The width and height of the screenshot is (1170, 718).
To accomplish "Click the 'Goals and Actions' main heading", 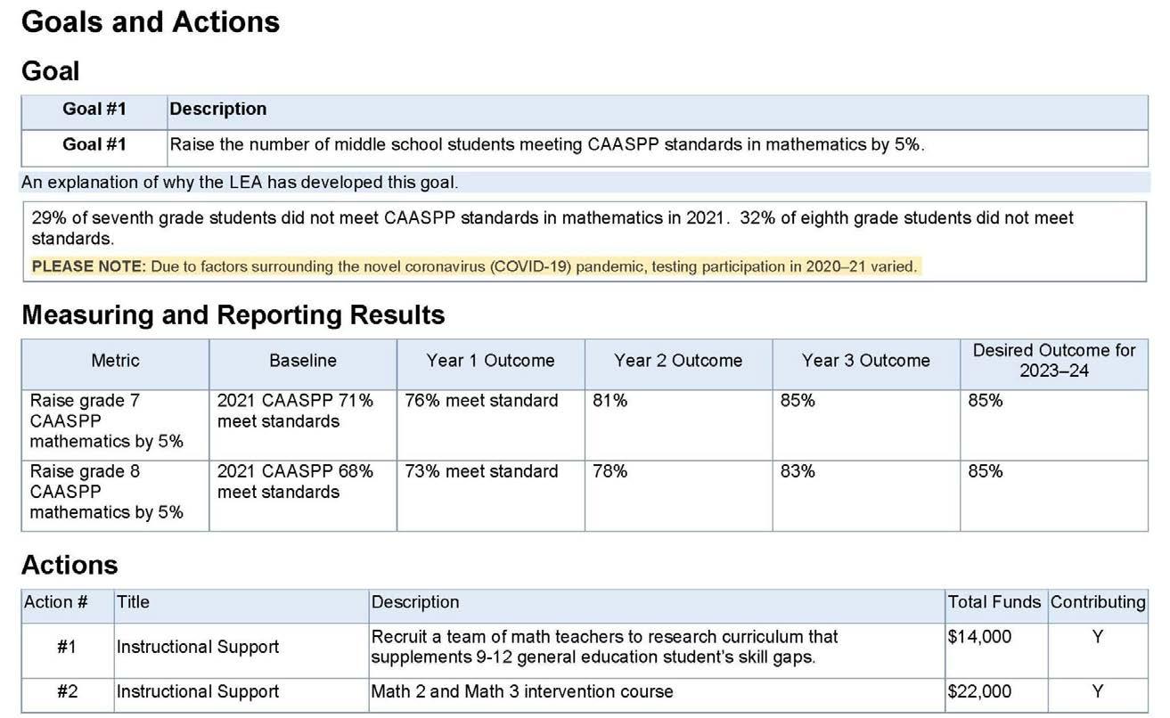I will click(150, 22).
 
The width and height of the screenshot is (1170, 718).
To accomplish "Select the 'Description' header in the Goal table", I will click(217, 110).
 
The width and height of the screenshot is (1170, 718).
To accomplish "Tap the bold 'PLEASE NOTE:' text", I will click(88, 266).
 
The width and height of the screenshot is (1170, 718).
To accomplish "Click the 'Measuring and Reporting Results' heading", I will click(233, 315).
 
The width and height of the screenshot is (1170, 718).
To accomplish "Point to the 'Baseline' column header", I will click(303, 361).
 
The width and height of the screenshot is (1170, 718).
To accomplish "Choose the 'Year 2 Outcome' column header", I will click(677, 361).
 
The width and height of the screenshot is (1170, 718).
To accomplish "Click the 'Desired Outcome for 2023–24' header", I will click(1053, 361).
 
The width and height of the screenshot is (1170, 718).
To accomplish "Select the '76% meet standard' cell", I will click(481, 401).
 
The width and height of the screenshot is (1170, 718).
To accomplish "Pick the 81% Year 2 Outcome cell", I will click(610, 401).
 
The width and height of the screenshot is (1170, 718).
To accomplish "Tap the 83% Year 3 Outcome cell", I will click(798, 471).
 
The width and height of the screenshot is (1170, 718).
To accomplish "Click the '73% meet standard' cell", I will click(481, 471).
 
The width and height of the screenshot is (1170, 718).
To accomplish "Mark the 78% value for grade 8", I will click(610, 471).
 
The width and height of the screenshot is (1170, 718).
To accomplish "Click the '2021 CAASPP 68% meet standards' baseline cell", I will click(295, 482).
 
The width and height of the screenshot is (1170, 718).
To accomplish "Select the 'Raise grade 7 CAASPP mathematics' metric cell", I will click(106, 420).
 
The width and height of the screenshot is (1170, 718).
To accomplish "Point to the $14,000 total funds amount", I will click(979, 637).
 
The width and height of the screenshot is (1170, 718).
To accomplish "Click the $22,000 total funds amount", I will click(979, 692).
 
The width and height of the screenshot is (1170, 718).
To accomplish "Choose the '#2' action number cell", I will click(67, 692).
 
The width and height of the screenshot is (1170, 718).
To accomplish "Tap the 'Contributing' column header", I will click(1098, 602).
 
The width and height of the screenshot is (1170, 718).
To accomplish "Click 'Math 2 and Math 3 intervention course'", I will click(522, 692).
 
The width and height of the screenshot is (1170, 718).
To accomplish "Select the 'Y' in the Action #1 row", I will click(1098, 637).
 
